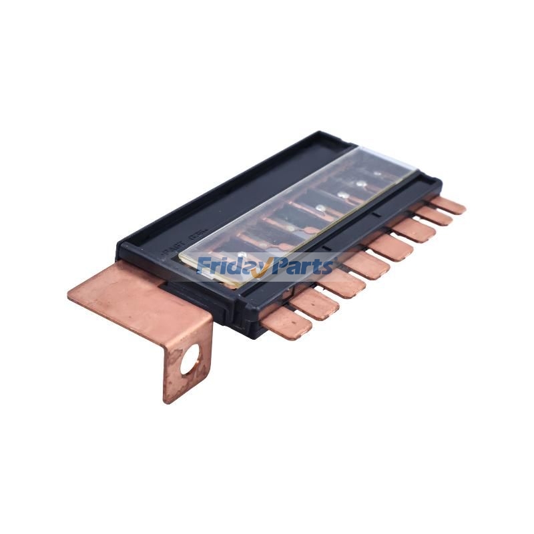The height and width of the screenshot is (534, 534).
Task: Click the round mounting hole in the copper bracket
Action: pos(190,362)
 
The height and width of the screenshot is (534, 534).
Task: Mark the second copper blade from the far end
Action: pos(433,216)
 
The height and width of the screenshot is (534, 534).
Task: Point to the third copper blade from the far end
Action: pos(413,230)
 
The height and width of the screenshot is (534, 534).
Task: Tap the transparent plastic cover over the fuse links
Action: pos(300,214)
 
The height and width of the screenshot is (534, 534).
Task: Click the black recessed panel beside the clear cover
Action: pos(220,200)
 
